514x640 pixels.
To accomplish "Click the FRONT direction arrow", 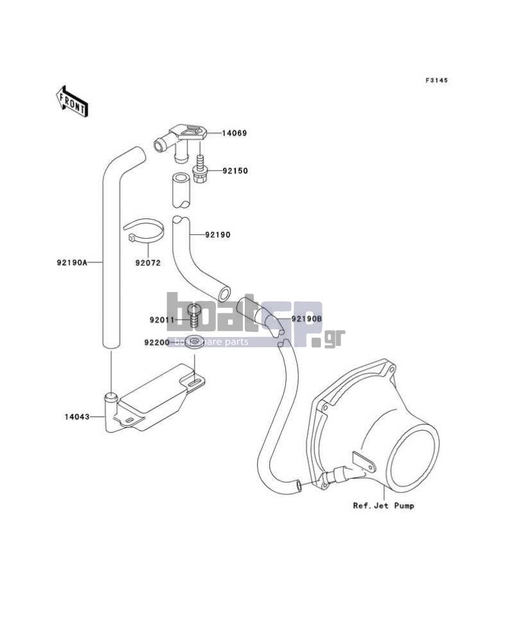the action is click(x=71, y=101).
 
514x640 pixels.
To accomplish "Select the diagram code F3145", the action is click(x=436, y=80).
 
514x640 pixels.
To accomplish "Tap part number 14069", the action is click(x=235, y=133).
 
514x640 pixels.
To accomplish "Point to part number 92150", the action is click(x=235, y=171).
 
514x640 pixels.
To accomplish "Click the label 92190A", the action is click(x=72, y=263).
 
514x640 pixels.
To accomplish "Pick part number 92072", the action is click(x=148, y=263).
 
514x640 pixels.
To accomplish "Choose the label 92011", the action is click(x=162, y=320).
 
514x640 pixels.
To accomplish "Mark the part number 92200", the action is click(x=157, y=342).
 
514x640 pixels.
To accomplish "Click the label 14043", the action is click(x=77, y=417).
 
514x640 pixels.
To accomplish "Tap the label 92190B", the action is click(x=307, y=318).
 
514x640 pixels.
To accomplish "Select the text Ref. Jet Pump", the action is click(x=384, y=506).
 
